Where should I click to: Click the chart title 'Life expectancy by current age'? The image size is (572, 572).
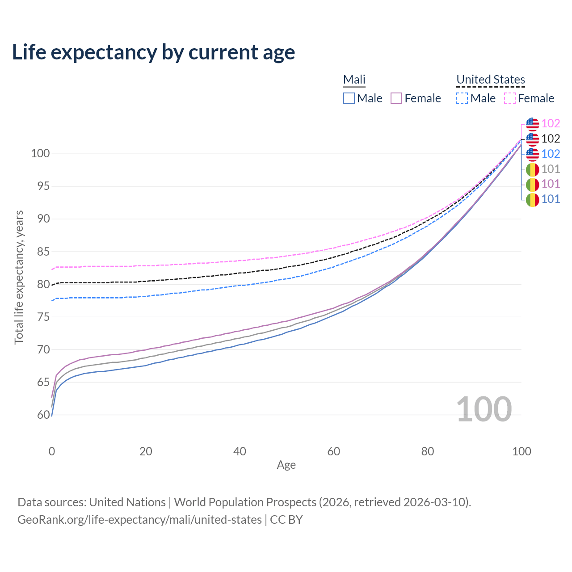tap(153, 52)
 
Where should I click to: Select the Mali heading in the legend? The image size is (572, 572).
tap(354, 80)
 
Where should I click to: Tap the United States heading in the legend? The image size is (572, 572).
tap(490, 80)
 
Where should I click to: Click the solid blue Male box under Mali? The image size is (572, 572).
tap(349, 98)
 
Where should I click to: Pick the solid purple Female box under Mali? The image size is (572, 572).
tap(396, 98)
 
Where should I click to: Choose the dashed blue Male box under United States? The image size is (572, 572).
tap(462, 98)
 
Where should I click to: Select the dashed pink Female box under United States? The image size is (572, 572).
tap(510, 98)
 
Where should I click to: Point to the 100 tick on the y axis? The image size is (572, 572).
tap(40, 154)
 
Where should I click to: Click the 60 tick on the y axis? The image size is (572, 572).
tap(43, 415)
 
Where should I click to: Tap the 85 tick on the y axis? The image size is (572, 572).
tap(43, 252)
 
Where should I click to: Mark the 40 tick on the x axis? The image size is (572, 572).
tap(240, 451)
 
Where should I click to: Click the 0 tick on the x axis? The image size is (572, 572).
tap(52, 451)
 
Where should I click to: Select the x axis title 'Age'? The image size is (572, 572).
tap(286, 465)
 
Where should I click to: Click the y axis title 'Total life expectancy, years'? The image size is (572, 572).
tap(19, 277)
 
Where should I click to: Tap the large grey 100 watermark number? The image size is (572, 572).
tap(484, 409)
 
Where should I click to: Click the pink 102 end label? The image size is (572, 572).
tap(551, 124)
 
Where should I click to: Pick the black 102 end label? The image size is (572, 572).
tap(551, 139)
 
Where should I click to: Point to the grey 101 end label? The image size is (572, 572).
tap(551, 169)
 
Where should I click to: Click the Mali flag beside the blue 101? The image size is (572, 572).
tap(532, 200)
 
